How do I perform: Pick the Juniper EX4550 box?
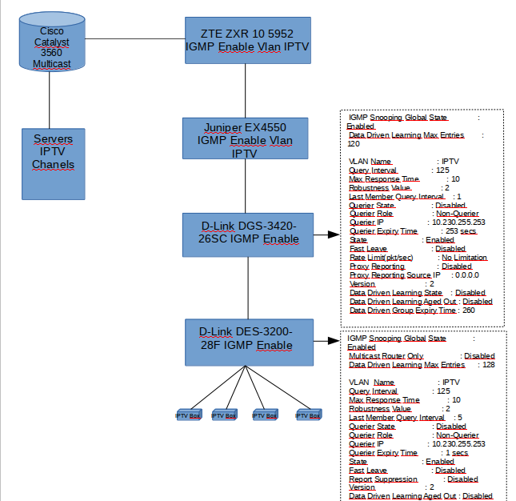click(246, 140)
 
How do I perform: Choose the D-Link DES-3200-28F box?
click(246, 339)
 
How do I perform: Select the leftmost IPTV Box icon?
click(190, 415)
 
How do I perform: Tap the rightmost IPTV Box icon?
click(308, 415)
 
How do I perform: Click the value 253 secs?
click(460, 231)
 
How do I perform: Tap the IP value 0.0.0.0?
click(478, 275)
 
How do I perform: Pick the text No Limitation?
click(464, 258)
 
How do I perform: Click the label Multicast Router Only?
click(392, 356)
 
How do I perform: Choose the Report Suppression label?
click(383, 479)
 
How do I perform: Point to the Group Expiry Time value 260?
click(468, 311)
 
